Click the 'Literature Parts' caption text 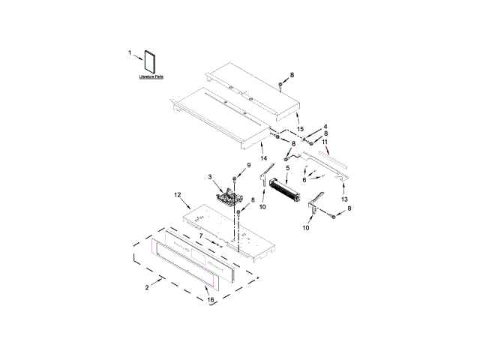151,77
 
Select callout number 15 300,129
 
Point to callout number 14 263,158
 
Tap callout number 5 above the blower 286,169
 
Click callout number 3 211,176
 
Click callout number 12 178,195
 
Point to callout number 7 200,235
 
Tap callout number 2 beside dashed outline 148,286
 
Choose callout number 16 210,299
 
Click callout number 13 343,201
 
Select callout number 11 325,142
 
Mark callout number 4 325,127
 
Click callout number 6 304,180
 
